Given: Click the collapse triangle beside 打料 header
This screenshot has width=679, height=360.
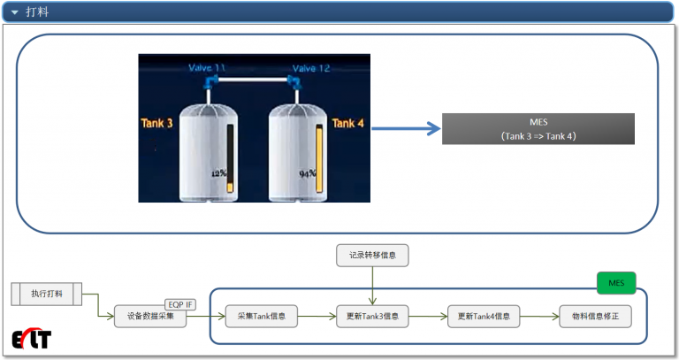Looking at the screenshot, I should [x=14, y=11].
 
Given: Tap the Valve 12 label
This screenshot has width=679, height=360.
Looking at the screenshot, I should [x=310, y=68].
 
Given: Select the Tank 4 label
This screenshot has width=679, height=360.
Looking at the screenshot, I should [x=347, y=123].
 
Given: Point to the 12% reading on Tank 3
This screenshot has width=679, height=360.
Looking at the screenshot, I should [x=218, y=173].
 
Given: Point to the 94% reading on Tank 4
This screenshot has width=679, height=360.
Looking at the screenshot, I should [x=308, y=174].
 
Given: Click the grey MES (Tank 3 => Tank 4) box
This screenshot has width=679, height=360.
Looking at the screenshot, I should [x=538, y=129].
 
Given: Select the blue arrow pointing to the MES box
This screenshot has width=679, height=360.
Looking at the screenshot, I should [x=407, y=129].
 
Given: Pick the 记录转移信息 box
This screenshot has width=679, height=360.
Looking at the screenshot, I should [x=373, y=256].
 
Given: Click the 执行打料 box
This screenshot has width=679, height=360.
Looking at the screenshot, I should [x=52, y=293].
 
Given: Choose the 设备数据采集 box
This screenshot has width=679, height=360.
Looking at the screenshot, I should [x=150, y=316].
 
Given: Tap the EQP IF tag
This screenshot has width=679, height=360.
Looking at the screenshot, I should [x=181, y=304].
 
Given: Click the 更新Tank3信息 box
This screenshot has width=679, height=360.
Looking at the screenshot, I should [x=373, y=316].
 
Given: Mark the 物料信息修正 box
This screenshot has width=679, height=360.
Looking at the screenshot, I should [x=595, y=316].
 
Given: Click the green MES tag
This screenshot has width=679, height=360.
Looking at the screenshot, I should [x=616, y=284].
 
